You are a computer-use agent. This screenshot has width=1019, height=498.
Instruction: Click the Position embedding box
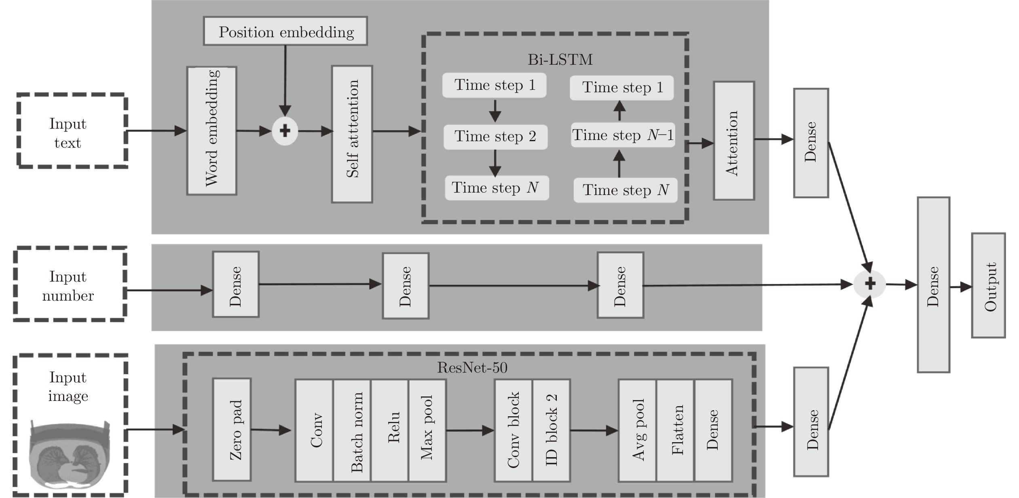tap(285, 31)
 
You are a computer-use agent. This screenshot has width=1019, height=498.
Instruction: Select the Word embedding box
tap(211, 131)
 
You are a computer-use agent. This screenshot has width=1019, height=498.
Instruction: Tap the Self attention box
tap(352, 134)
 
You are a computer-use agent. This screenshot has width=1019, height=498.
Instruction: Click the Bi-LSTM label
tap(560, 60)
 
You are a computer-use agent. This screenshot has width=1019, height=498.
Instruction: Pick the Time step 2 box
tap(495, 137)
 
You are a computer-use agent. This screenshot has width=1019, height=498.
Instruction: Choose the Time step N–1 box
tap(623, 135)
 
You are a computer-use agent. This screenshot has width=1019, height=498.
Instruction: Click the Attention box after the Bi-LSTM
tap(734, 141)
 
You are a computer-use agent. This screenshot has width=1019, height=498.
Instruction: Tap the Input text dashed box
tap(72, 130)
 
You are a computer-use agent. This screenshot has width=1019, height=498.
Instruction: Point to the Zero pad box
tap(232, 429)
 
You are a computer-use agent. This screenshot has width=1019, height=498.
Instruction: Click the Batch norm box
tap(352, 430)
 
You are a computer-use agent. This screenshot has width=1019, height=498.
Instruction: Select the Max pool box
tap(427, 430)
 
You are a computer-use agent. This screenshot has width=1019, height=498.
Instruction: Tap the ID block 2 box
tap(552, 430)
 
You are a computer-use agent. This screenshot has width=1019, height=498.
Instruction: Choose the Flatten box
tap(675, 430)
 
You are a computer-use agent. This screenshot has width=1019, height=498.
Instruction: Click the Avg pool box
tap(637, 430)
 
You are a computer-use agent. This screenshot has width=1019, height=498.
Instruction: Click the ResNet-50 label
tap(472, 368)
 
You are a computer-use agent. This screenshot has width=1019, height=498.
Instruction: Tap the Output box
tap(988, 285)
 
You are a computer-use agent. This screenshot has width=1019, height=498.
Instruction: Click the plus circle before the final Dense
tap(869, 284)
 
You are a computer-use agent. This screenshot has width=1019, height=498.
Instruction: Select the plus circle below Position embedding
tap(285, 131)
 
